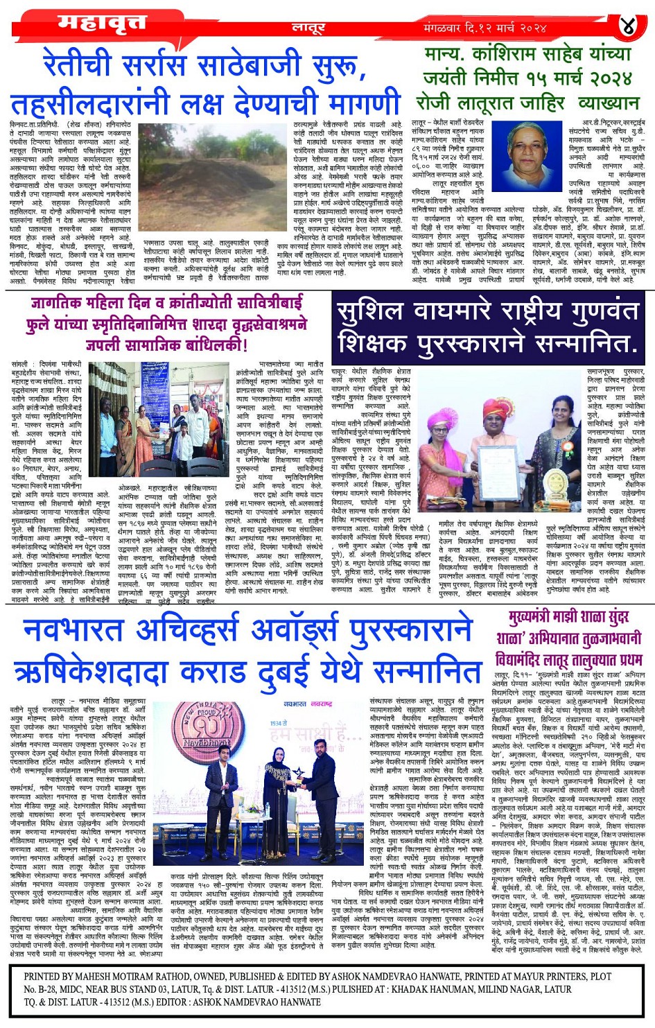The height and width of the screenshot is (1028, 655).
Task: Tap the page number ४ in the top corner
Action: coord(628,27)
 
